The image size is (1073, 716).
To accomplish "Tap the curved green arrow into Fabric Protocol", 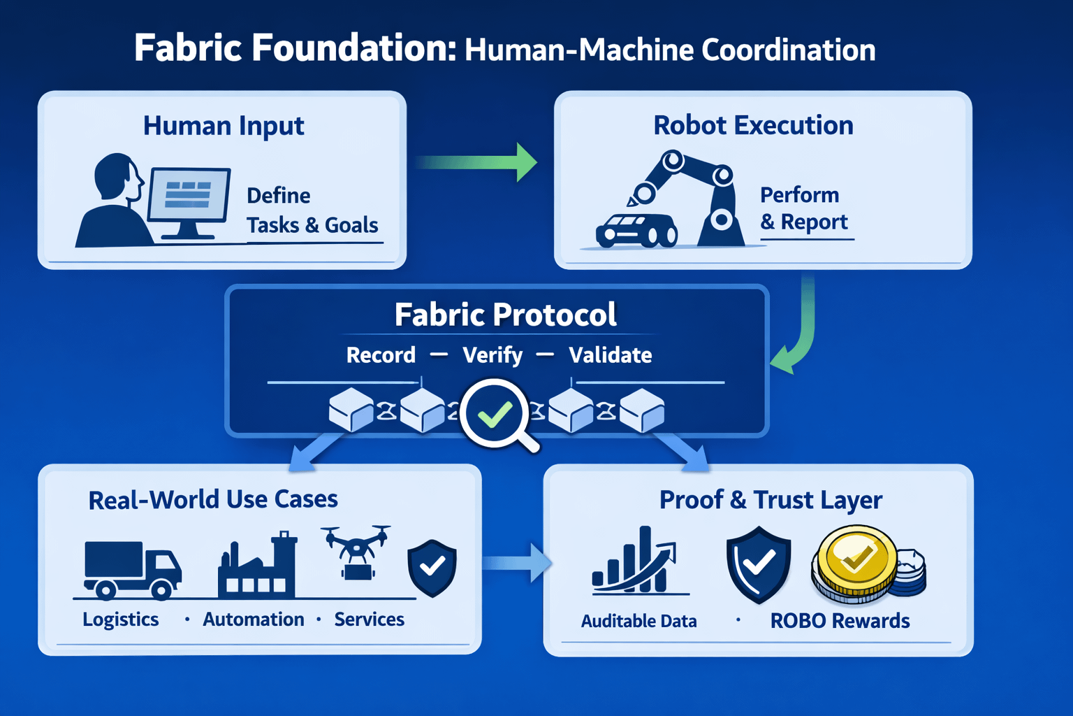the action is pyautogui.click(x=801, y=336).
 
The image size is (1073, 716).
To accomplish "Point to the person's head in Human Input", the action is pyautogui.click(x=116, y=176).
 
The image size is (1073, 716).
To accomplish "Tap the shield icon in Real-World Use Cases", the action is pyautogui.click(x=432, y=567).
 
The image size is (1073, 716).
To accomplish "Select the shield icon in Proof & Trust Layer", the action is pyautogui.click(x=758, y=563).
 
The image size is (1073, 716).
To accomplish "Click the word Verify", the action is pyautogui.click(x=492, y=355).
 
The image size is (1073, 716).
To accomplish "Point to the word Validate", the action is pyautogui.click(x=610, y=355).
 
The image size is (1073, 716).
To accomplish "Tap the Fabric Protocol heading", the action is pyautogui.click(x=505, y=315).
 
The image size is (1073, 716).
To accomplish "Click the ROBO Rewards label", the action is pyautogui.click(x=840, y=621).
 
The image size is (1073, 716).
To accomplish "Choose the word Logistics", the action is pyautogui.click(x=121, y=620).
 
